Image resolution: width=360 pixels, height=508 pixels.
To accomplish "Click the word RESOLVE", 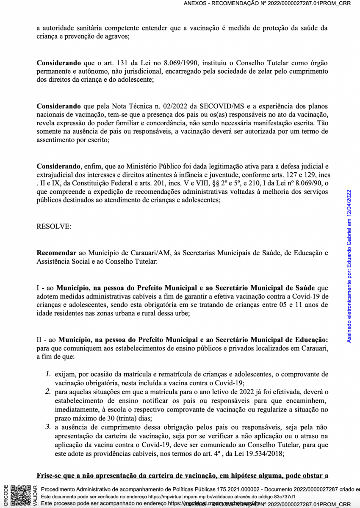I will point(54,226).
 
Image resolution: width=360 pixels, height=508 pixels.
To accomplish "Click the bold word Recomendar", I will point(56,253).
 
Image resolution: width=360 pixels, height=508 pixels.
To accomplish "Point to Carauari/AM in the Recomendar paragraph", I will point(150,253).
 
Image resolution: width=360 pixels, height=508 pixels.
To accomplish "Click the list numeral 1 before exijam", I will point(48,374).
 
